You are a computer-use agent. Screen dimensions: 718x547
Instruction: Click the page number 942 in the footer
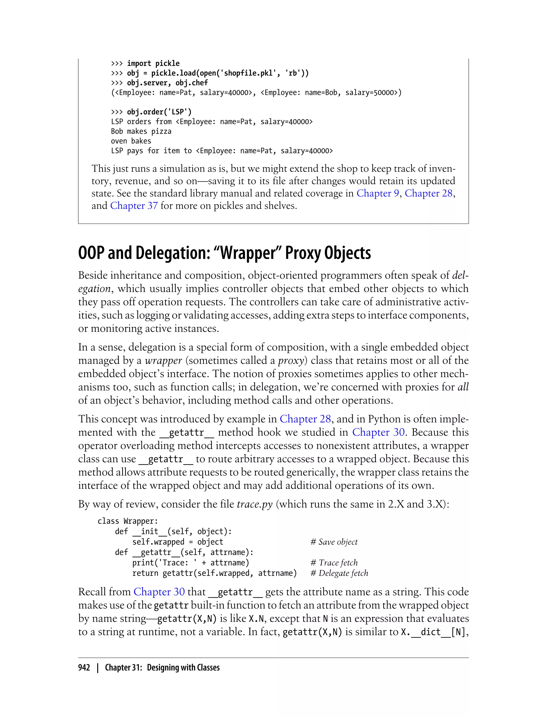point(84,668)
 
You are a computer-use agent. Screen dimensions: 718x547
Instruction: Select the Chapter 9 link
point(378,193)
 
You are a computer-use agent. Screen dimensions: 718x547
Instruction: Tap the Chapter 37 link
point(134,206)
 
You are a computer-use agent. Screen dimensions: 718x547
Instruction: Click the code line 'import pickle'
point(153,64)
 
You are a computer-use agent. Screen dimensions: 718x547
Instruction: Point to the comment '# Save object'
point(334,542)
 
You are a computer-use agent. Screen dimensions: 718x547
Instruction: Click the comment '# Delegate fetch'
point(339,573)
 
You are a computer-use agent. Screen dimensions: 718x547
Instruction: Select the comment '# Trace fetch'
point(334,563)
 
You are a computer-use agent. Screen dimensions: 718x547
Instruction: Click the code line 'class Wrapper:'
point(128,521)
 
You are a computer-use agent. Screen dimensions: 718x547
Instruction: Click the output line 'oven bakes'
point(131,141)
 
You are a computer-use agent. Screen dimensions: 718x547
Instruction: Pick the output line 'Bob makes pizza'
point(141,131)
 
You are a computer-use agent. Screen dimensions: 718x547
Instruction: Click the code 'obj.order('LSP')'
point(159,112)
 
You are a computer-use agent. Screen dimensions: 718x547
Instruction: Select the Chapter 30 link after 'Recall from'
point(159,592)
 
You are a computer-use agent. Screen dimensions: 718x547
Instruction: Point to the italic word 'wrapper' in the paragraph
point(163,360)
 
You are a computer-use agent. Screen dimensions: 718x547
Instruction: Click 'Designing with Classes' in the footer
point(183,668)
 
